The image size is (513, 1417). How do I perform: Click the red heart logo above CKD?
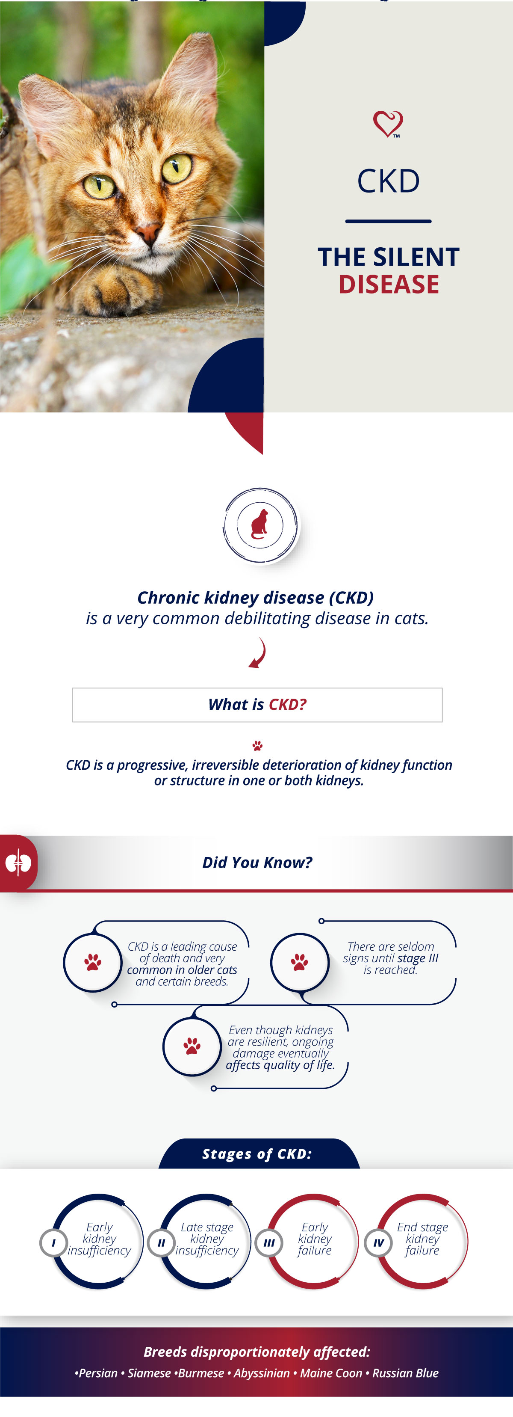click(388, 124)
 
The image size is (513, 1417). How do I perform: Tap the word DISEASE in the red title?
click(389, 285)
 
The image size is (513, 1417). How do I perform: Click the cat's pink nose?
click(148, 233)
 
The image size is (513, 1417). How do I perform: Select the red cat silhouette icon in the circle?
click(259, 524)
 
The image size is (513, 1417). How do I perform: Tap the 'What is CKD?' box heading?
click(257, 705)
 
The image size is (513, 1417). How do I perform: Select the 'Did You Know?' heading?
click(257, 863)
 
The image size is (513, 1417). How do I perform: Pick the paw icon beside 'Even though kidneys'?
click(192, 1046)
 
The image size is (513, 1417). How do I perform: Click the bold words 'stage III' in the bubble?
click(418, 958)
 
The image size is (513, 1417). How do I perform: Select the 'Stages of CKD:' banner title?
click(257, 1154)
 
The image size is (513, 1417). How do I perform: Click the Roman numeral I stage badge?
click(53, 1242)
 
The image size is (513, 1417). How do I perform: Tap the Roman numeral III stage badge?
click(269, 1242)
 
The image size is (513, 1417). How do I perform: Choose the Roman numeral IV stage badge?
click(378, 1242)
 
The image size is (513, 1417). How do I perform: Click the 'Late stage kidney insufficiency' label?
click(207, 1239)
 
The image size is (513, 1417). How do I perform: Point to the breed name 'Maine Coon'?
click(331, 1373)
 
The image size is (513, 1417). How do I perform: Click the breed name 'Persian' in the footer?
click(98, 1373)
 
